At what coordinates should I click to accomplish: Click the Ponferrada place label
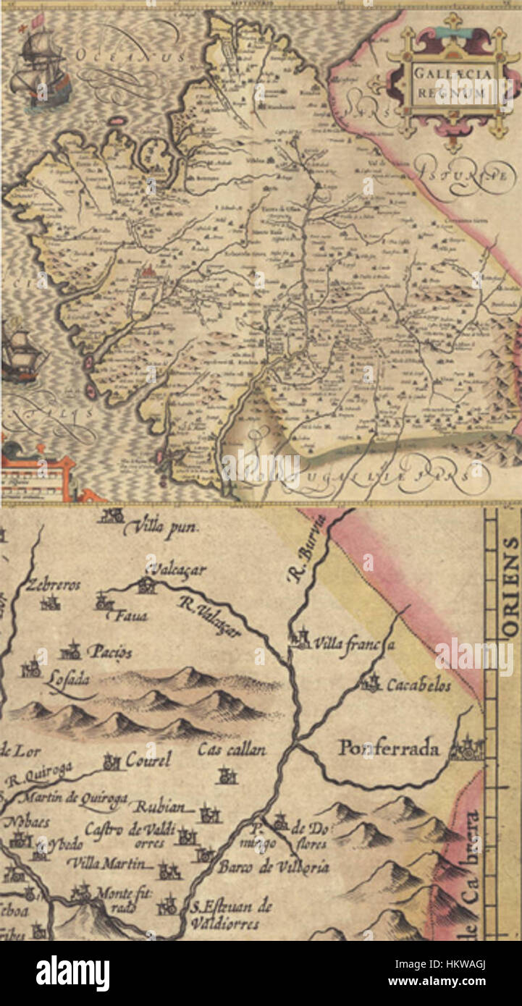pos(389,749)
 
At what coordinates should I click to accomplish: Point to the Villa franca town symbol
pos(299,640)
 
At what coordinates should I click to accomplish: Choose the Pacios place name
pos(109,652)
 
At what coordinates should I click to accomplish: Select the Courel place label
pos(148,760)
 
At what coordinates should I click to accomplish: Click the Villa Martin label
pos(110,863)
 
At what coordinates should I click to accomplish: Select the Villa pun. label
pos(161,529)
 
